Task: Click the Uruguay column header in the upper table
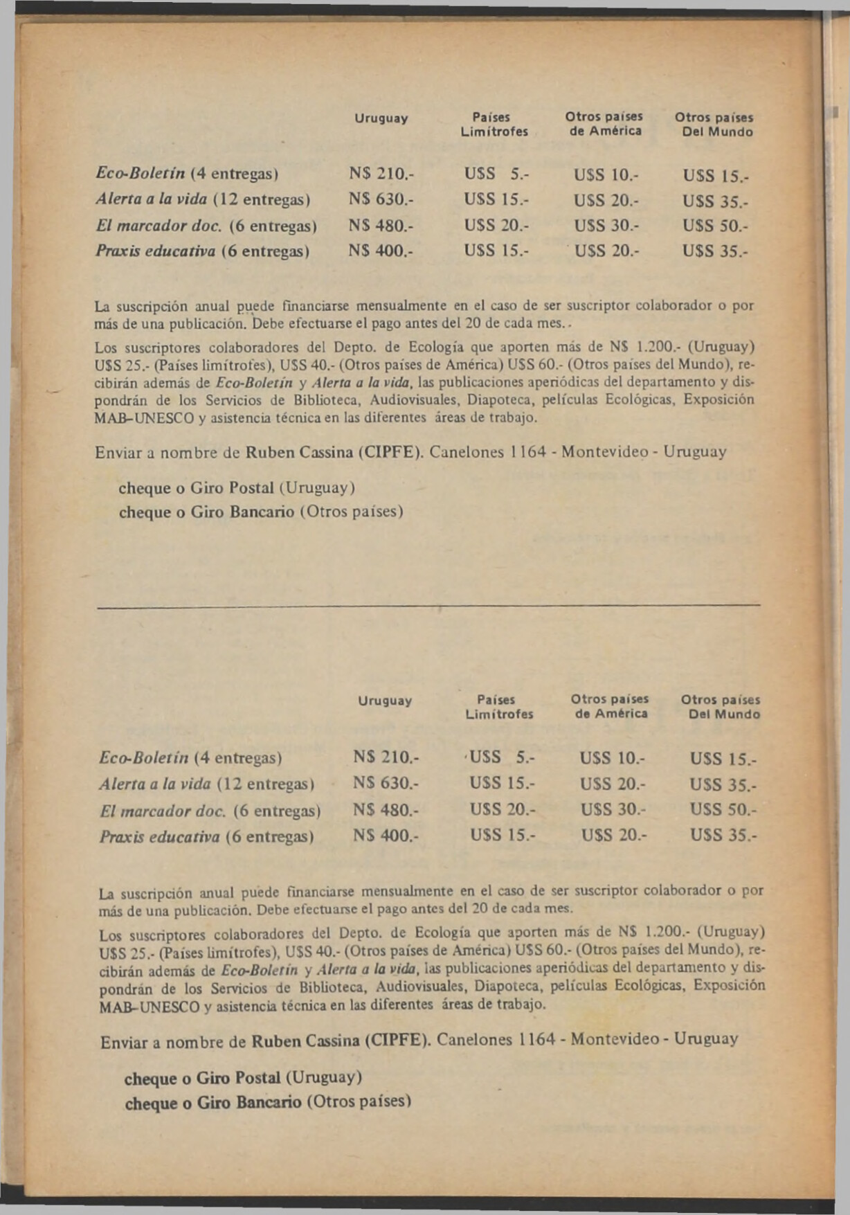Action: [381, 118]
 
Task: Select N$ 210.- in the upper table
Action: [380, 172]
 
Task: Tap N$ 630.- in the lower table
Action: [385, 783]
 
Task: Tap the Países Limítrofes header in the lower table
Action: [498, 707]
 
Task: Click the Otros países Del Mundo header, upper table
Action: [714, 125]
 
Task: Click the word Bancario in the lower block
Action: [268, 1101]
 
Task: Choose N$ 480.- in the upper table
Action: [380, 226]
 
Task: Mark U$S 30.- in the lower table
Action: [613, 809]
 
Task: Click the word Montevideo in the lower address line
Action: [614, 1039]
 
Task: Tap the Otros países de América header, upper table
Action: [604, 124]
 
